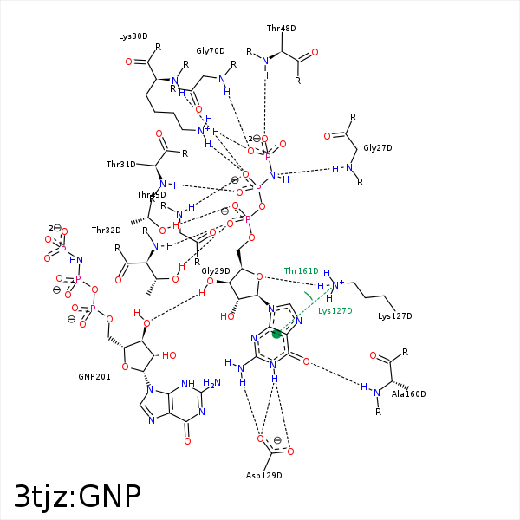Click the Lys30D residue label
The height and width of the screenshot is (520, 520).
[133, 36]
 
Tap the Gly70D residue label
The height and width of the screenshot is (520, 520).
[211, 51]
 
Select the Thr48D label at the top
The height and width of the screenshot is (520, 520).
[281, 29]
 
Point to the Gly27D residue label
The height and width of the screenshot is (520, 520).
[378, 148]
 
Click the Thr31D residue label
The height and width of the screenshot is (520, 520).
[121, 165]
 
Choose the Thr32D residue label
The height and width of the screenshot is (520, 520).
[106, 231]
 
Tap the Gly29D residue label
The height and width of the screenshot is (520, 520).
[216, 271]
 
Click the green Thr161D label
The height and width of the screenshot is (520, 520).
[301, 271]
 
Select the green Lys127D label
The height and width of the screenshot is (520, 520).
[335, 311]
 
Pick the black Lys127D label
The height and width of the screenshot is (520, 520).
[395, 316]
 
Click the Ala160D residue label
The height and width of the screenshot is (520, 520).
[408, 394]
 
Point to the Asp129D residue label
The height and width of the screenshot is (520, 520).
[264, 476]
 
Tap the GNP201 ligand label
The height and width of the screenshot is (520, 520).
[94, 377]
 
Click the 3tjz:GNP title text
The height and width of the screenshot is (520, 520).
[78, 496]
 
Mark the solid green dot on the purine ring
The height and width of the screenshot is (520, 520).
[276, 334]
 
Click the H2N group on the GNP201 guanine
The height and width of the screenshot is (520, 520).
[211, 383]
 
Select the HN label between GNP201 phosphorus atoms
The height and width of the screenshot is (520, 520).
[76, 260]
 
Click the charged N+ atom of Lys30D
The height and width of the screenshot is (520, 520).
[203, 131]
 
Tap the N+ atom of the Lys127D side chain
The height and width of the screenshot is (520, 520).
[338, 284]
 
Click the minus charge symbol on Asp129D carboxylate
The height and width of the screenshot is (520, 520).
[277, 440]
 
